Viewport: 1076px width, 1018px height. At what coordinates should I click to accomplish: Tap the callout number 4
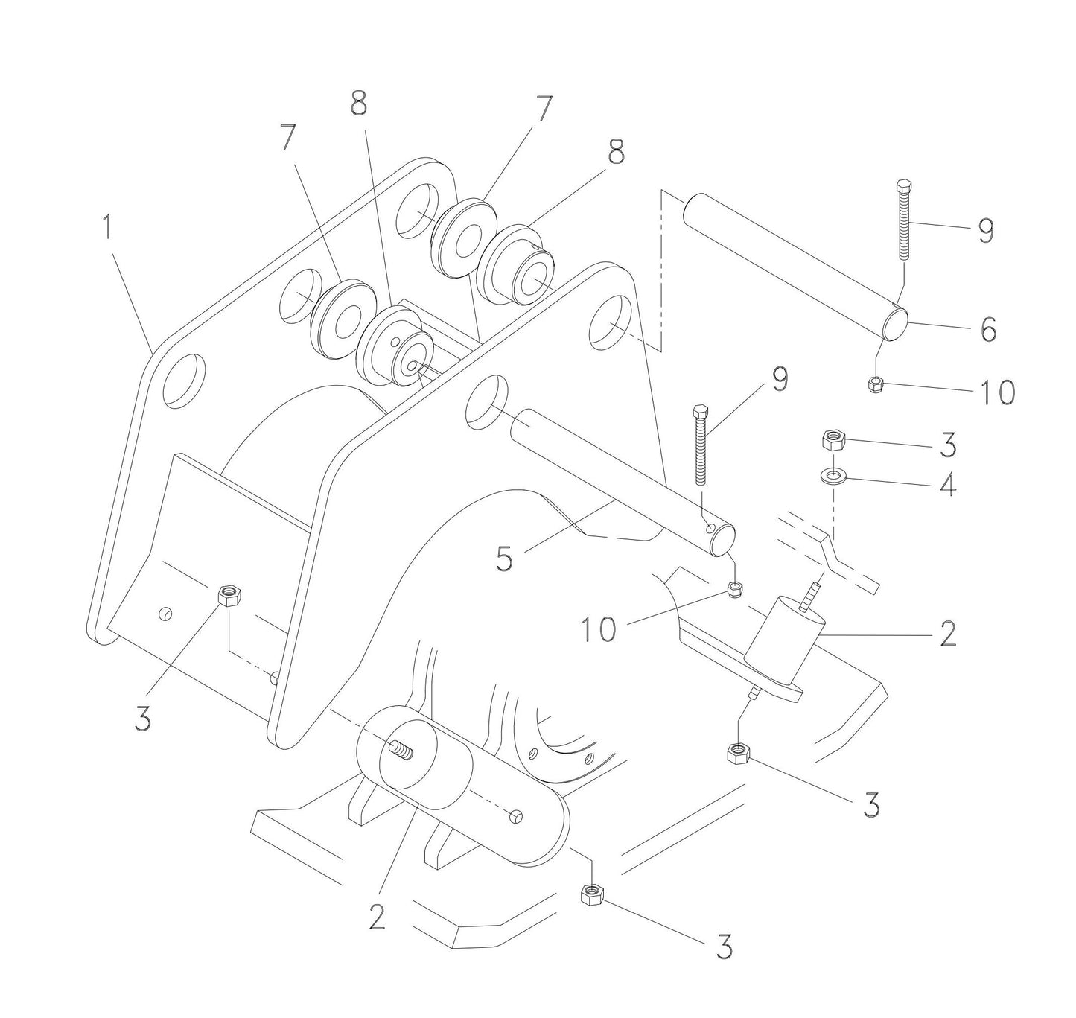coord(948,485)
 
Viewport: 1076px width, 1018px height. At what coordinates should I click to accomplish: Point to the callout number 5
coord(505,559)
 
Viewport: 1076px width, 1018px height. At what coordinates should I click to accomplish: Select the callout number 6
coord(988,328)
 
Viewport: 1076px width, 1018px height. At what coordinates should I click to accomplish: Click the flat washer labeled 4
coord(832,474)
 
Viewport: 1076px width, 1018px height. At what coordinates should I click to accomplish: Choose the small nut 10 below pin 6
coord(876,384)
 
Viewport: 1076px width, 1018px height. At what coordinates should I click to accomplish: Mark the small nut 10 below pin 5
coord(736,591)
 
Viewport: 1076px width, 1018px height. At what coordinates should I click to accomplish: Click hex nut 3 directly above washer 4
coord(832,441)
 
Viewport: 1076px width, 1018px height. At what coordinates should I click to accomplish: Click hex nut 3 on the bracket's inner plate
coord(227,596)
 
